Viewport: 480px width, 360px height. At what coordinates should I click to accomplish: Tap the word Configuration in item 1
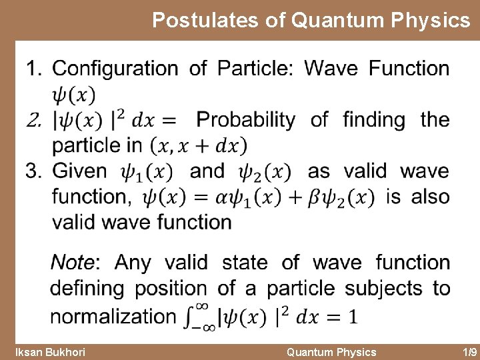(115, 69)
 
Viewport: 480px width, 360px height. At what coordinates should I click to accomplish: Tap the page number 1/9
(469, 352)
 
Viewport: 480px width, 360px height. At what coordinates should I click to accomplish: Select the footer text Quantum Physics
(331, 352)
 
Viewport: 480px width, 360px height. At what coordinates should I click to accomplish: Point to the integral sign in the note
(197, 315)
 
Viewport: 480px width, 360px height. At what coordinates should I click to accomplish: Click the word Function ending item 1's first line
(409, 69)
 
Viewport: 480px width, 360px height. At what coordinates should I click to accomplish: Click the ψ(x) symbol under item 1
(73, 94)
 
